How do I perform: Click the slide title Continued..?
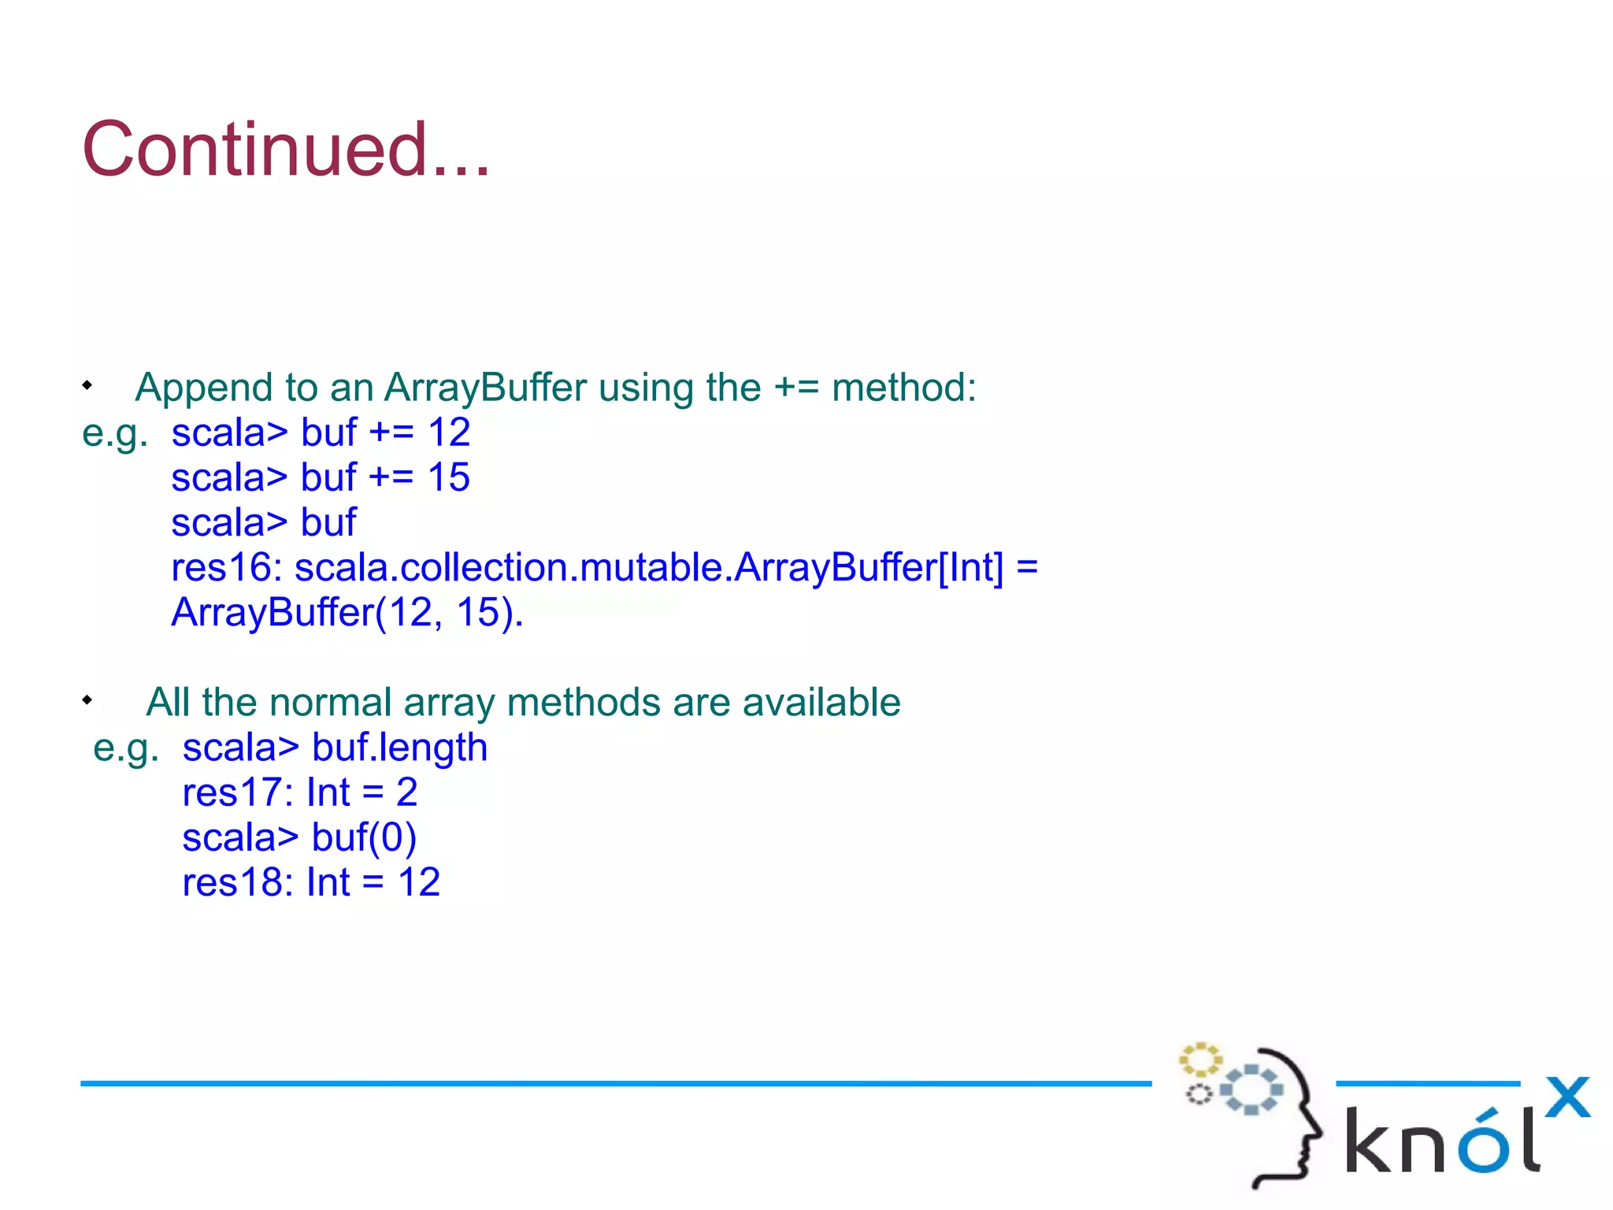coord(286,150)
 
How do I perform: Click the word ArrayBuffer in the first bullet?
coord(485,388)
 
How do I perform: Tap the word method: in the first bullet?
coord(903,388)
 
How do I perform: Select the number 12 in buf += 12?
coord(449,432)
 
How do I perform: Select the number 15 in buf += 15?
coord(449,477)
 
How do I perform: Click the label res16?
coord(227,568)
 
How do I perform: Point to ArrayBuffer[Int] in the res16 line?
coord(870,568)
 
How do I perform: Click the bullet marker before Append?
coord(87,385)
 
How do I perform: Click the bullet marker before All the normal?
coord(87,700)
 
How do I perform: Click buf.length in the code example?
coord(399,748)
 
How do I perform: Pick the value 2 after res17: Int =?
coord(406,792)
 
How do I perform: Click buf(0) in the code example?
coord(364,837)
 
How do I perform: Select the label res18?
coord(238,882)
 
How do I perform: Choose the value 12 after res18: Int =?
coord(419,882)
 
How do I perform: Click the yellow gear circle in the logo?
coord(1200,1060)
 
